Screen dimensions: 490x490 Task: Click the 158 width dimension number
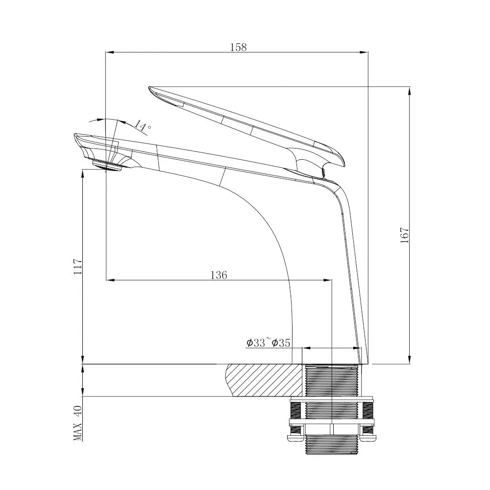pos(239,47)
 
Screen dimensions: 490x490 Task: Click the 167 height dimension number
pos(404,236)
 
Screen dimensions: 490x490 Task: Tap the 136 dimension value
pos(219,275)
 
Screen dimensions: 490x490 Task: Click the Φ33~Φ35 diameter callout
pos(268,343)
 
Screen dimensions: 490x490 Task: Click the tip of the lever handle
pos(151,89)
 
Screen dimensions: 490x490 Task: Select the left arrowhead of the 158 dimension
pos(109,52)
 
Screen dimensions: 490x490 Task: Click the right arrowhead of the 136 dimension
pos(329,280)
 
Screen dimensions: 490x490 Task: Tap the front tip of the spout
pos(75,136)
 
